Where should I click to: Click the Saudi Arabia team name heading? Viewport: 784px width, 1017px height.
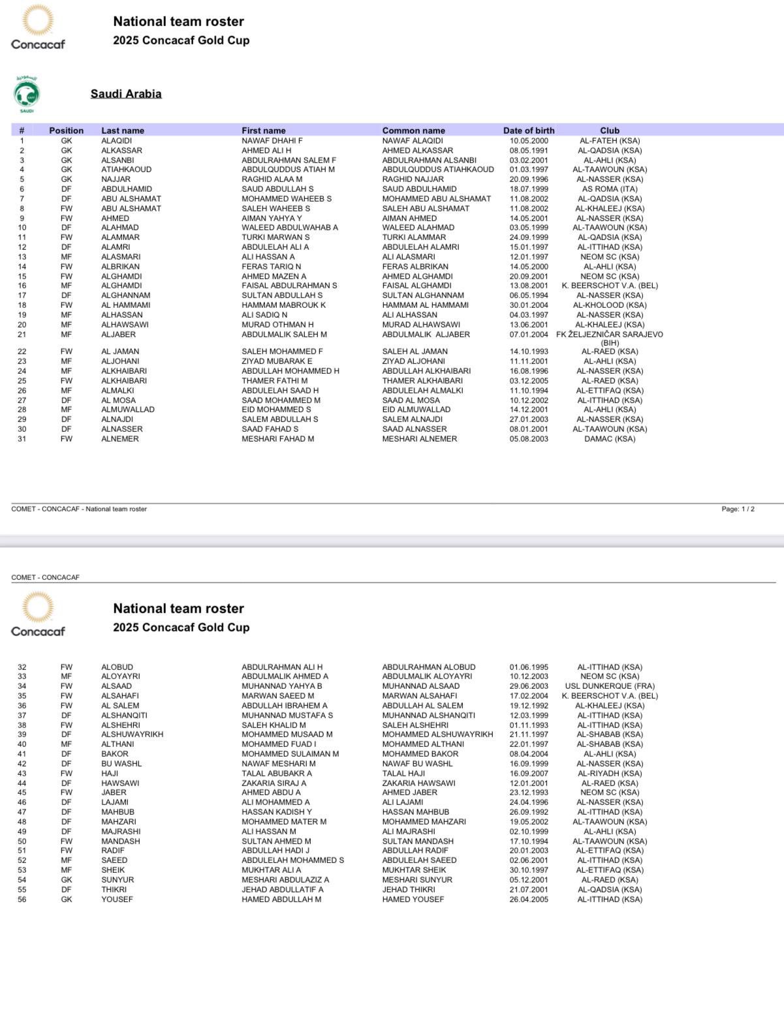[x=126, y=93]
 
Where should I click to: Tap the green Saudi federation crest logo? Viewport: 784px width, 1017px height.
[x=27, y=94]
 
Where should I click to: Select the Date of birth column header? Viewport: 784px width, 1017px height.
[x=528, y=130]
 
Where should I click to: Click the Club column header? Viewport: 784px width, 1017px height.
[x=610, y=130]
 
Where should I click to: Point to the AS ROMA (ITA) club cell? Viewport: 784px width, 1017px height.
[x=610, y=189]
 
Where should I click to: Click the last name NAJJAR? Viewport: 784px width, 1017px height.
[x=116, y=179]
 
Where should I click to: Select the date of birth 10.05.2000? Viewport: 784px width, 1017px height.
[x=529, y=141]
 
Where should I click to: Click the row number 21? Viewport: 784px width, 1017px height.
[x=22, y=335]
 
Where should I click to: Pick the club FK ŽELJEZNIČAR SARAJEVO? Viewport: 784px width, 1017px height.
[x=610, y=335]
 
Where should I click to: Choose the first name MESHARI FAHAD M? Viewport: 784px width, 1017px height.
[x=277, y=439]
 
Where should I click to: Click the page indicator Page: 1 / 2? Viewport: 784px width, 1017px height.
[x=738, y=509]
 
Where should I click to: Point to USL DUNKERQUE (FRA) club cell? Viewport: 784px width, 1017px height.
[x=610, y=686]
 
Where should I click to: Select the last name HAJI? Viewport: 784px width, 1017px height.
[x=110, y=774]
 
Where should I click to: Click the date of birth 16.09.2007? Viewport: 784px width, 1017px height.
[x=529, y=774]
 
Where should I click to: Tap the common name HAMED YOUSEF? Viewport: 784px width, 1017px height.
[x=413, y=900]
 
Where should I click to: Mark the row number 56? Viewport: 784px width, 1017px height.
[x=22, y=900]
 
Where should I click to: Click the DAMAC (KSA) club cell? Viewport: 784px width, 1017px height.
[x=610, y=439]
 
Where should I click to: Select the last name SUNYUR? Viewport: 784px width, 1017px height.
[x=117, y=880]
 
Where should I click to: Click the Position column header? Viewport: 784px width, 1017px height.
[x=67, y=130]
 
